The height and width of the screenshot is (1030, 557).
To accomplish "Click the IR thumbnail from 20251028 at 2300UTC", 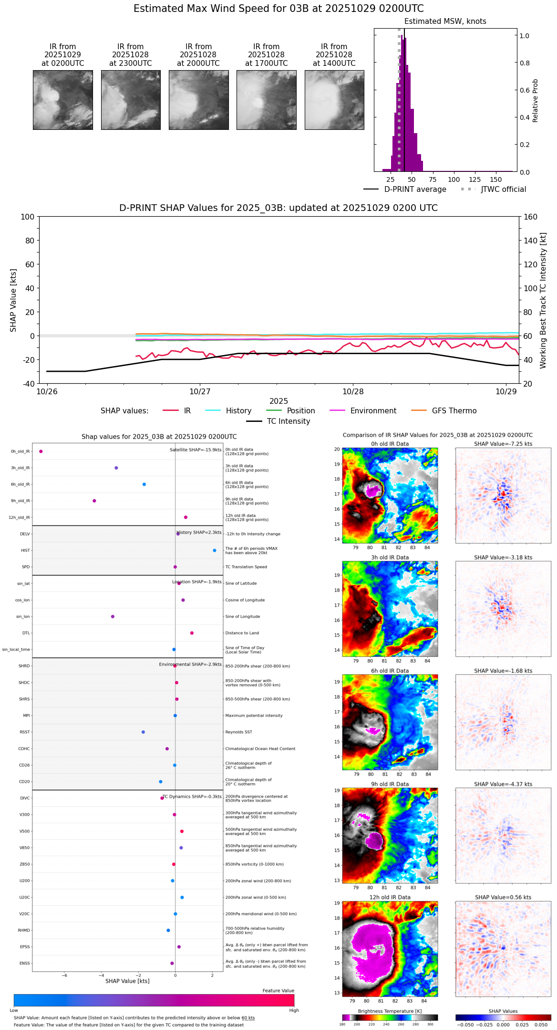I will tap(131, 100).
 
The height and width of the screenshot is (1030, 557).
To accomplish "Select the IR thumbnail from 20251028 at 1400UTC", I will tap(334, 100).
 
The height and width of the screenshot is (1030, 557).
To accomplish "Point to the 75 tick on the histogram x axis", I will tap(433, 179).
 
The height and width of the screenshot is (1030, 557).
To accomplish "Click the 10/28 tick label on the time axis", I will tap(353, 391).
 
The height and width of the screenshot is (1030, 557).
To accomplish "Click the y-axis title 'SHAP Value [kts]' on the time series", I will tap(13, 300).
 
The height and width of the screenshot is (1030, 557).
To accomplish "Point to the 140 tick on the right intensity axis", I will tap(530, 241).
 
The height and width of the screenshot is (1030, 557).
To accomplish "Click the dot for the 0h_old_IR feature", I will tap(41, 452).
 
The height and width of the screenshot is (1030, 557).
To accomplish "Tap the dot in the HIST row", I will tap(215, 550).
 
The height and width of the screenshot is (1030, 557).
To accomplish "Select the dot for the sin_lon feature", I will tap(113, 617).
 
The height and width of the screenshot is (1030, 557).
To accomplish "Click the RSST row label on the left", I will tap(25, 732).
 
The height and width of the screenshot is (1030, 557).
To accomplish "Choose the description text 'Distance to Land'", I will tap(243, 633).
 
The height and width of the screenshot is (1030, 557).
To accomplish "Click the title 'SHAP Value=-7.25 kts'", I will tap(503, 444).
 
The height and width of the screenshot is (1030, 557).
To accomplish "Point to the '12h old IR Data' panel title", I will tap(390, 897).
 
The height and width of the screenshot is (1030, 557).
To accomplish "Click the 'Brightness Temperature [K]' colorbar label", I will tap(390, 1011).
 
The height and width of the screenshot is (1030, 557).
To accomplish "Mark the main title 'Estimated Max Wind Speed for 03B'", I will tap(278, 9).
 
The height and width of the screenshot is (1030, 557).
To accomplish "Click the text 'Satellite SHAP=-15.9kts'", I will tap(196, 450).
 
